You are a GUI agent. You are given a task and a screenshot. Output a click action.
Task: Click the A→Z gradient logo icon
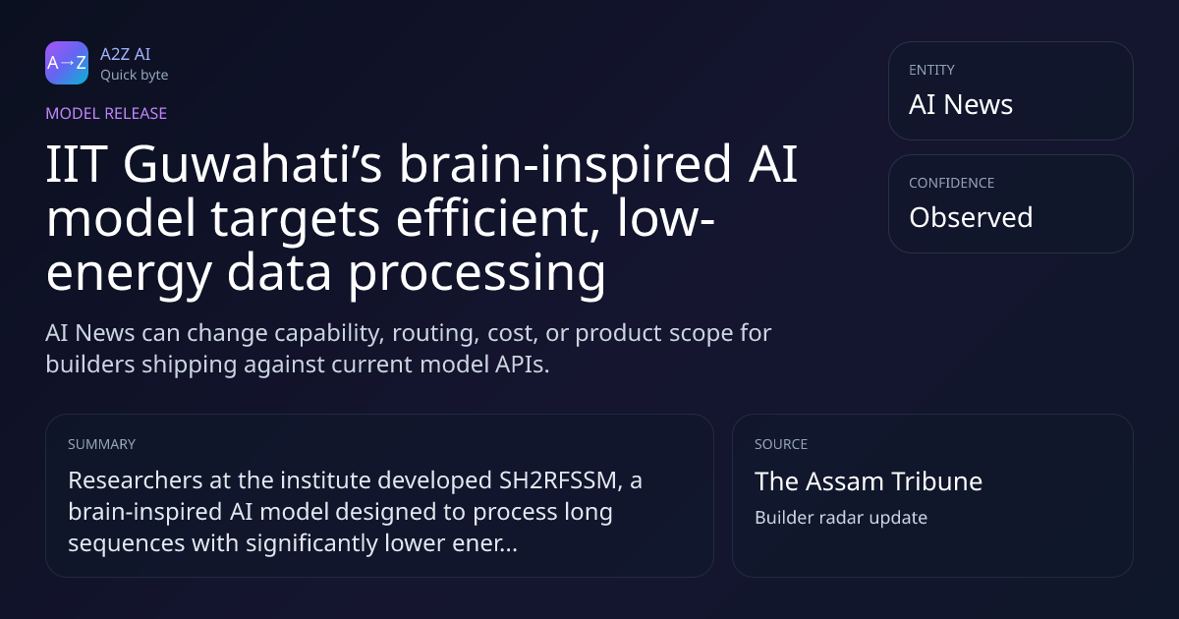67,63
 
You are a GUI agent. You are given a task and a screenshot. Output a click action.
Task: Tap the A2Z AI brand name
126,54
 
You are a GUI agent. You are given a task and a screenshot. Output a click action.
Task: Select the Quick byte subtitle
135,76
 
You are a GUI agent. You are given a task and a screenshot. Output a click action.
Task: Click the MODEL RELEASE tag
106,113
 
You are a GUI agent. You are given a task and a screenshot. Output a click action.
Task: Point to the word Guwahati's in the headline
253,164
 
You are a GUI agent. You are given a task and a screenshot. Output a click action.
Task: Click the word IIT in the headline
77,164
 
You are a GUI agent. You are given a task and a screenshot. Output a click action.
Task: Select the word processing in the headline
477,273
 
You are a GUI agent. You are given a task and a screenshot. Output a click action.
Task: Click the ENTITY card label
931,70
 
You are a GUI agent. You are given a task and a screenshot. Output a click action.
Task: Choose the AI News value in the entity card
961,104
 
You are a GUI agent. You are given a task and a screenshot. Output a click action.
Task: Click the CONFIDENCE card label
952,183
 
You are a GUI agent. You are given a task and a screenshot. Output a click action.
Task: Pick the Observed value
971,217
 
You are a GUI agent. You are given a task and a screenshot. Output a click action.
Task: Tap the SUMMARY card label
101,444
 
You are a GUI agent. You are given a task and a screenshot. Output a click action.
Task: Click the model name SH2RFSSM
558,480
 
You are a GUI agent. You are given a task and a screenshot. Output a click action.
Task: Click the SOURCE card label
781,444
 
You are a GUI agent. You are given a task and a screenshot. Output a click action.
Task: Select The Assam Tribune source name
869,481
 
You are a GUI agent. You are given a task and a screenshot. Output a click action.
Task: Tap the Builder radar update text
841,518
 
